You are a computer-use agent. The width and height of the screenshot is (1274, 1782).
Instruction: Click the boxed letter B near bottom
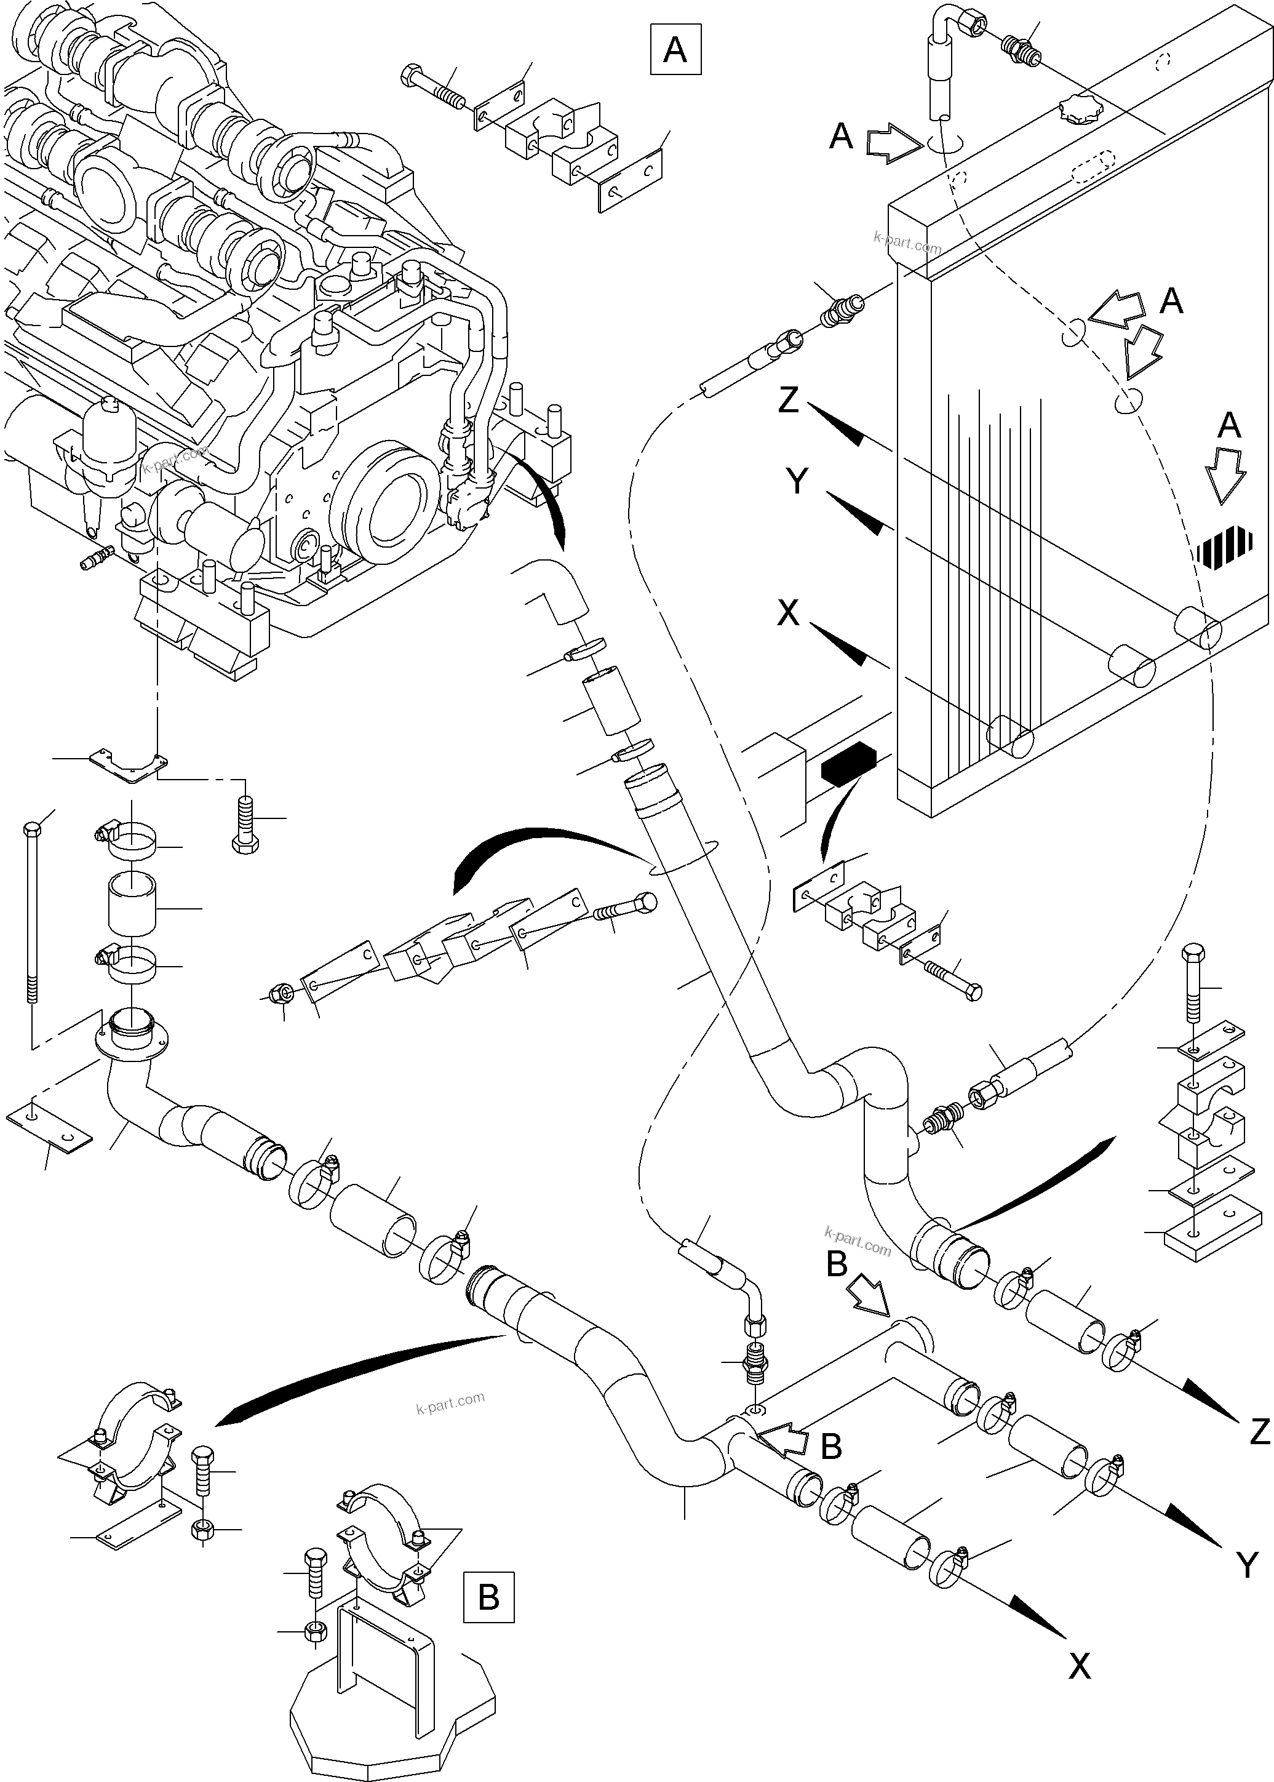tap(488, 1596)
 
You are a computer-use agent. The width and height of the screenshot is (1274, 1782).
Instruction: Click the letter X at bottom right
tap(1080, 1686)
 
